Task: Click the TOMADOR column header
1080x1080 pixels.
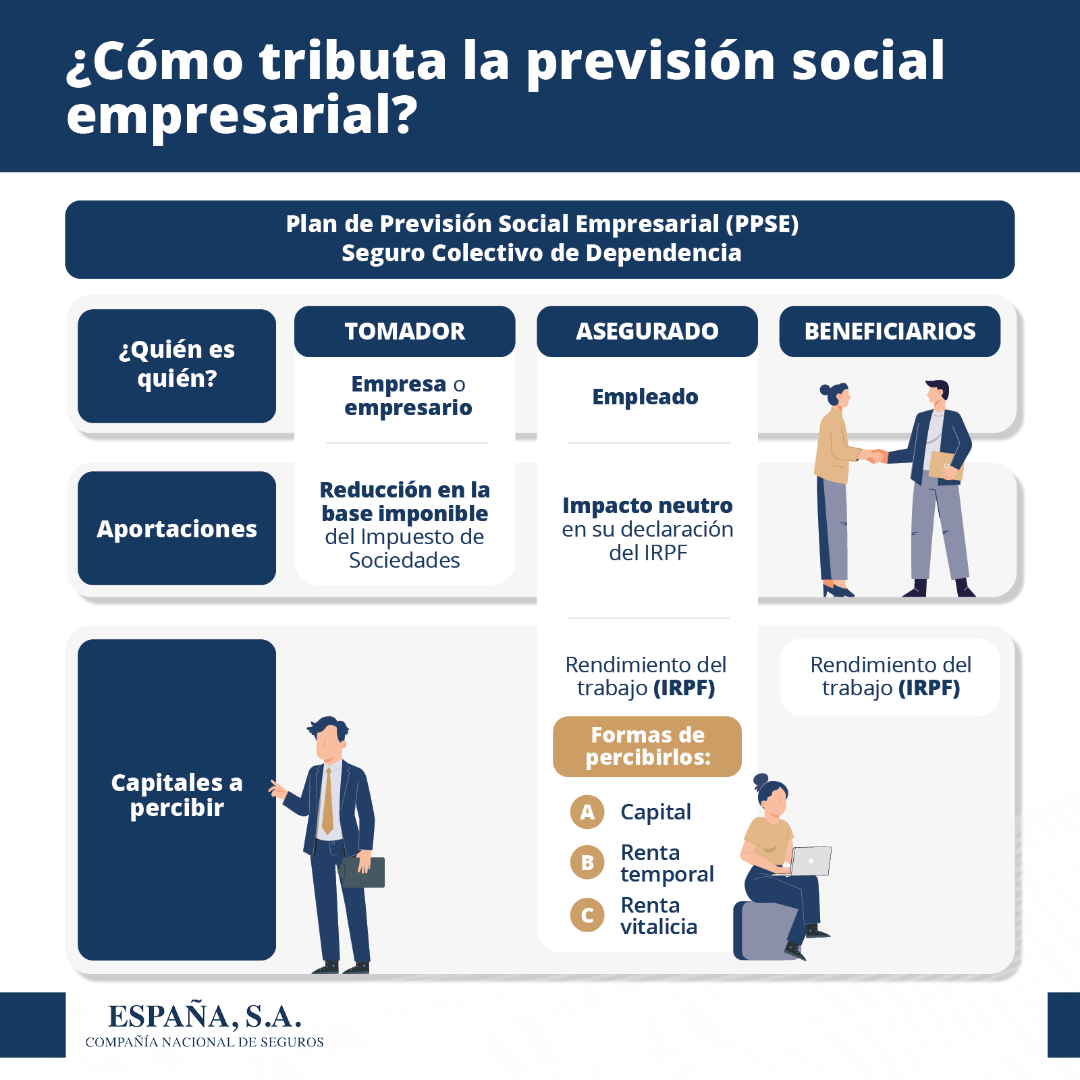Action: (404, 331)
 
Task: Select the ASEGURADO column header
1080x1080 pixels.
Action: (647, 331)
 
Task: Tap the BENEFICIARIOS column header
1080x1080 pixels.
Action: (890, 331)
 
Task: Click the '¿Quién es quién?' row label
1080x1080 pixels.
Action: (177, 366)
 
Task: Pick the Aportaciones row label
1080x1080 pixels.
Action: (177, 529)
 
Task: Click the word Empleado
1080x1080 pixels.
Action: (645, 397)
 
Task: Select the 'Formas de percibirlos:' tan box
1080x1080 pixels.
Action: (647, 747)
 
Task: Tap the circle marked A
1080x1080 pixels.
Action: (587, 812)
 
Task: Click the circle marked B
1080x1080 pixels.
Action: (587, 863)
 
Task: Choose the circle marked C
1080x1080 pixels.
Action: (587, 915)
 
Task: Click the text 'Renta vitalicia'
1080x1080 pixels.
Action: (658, 916)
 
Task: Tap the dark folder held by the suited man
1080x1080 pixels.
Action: (362, 872)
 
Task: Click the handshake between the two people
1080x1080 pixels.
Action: (875, 456)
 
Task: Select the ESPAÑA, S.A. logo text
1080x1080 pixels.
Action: (205, 1017)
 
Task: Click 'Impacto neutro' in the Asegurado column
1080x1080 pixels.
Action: (647, 506)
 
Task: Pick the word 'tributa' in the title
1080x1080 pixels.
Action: (353, 61)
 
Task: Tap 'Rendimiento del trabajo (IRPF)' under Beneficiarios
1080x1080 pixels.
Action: (890, 676)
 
